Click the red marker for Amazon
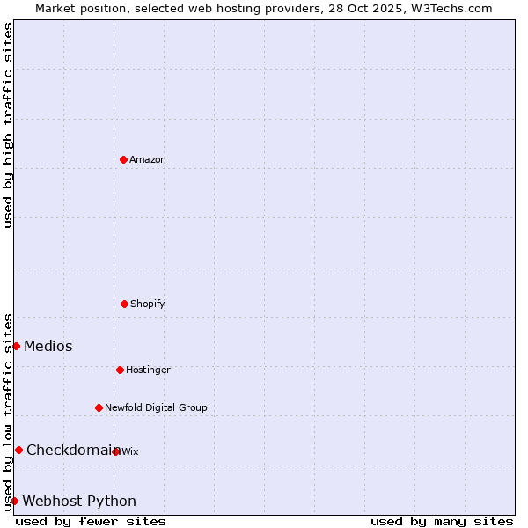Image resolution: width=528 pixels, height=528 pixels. pos(123,159)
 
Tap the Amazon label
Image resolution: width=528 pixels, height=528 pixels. pos(148,159)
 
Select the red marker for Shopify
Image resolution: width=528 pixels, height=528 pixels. pos(124,304)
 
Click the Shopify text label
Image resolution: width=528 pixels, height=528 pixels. pos(148,304)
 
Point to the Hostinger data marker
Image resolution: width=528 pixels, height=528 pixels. pos(120,370)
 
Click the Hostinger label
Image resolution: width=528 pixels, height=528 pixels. pos(148,370)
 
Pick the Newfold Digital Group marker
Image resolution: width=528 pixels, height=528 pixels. pos(99,407)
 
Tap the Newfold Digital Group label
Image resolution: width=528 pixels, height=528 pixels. pos(156,407)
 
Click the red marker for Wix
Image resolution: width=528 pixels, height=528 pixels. pos(115,451)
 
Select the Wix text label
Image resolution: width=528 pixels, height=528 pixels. pos(130,451)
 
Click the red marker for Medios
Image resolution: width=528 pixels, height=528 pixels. pos(16,346)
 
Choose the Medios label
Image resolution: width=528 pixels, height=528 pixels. pos(48,346)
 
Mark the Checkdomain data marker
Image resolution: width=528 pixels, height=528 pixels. pos(18,450)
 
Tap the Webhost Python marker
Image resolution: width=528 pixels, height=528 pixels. pos(14,501)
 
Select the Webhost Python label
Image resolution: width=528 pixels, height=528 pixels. pos(79,501)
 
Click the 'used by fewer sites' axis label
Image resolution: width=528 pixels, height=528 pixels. pos(91,521)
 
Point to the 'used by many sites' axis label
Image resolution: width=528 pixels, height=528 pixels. pos(442,521)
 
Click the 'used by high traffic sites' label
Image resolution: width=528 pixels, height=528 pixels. pos(8,125)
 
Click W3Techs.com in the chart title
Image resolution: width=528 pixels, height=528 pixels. pos(448,8)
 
